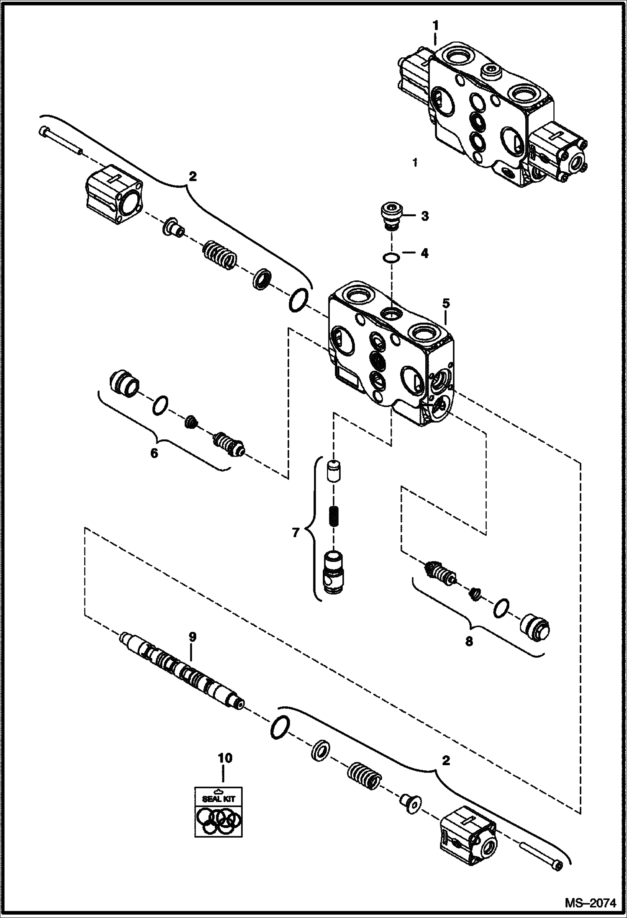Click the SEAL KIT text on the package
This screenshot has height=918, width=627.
219,798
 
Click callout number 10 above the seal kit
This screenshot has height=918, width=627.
225,758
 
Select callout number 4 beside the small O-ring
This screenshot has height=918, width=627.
424,253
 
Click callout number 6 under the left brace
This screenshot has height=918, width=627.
154,452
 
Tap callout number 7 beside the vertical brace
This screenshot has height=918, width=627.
296,533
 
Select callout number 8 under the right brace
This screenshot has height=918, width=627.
469,641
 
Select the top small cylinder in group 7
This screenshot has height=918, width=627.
334,471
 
